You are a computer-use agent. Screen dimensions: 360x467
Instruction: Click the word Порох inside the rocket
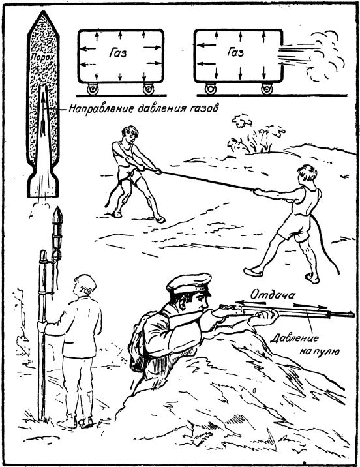click(x=42, y=57)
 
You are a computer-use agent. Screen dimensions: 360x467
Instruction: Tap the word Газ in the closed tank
click(x=117, y=53)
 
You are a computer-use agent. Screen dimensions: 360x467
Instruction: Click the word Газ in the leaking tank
click(x=235, y=52)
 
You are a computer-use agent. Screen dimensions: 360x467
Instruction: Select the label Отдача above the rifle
click(x=273, y=295)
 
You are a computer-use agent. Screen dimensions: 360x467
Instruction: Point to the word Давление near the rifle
click(x=294, y=339)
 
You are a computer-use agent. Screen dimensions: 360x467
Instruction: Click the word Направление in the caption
click(x=102, y=108)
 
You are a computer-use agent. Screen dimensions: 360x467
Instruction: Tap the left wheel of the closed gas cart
click(x=92, y=89)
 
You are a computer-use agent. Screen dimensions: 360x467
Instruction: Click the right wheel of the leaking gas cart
click(x=267, y=89)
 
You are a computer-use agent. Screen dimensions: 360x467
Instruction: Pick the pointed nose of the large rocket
click(x=44, y=12)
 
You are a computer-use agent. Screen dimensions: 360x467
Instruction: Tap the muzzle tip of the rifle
click(x=353, y=314)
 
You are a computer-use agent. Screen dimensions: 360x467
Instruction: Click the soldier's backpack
click(x=138, y=342)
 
